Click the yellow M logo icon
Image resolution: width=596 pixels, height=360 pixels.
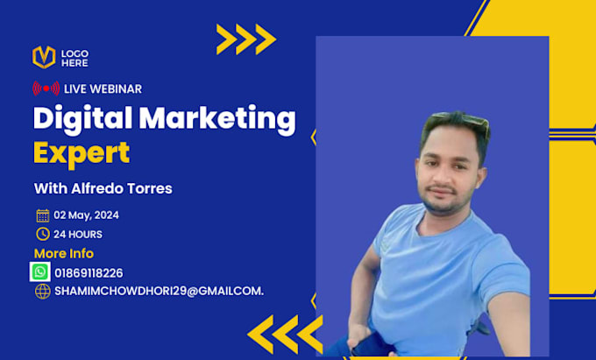click(44, 57)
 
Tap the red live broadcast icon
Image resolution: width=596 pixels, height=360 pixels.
click(46, 88)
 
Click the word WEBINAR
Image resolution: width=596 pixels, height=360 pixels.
click(117, 88)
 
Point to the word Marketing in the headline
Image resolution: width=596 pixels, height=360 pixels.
click(217, 120)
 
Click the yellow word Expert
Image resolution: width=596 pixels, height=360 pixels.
click(82, 153)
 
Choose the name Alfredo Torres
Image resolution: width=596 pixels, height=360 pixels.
click(122, 188)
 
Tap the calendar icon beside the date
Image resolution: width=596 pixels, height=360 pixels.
click(43, 215)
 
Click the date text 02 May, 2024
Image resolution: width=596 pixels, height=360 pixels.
click(86, 215)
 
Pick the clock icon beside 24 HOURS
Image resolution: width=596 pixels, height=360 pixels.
click(43, 234)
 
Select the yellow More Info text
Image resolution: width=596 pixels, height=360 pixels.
click(64, 253)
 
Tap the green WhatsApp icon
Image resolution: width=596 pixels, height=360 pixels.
click(40, 272)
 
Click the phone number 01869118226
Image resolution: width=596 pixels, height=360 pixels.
click(89, 273)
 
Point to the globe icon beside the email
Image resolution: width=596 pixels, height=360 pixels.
click(43, 292)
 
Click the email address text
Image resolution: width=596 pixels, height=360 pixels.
click(159, 292)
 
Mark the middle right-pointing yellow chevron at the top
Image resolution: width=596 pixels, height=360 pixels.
click(246, 39)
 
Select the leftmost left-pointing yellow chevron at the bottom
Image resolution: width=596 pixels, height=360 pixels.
click(260, 335)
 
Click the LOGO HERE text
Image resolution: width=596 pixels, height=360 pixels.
click(74, 58)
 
